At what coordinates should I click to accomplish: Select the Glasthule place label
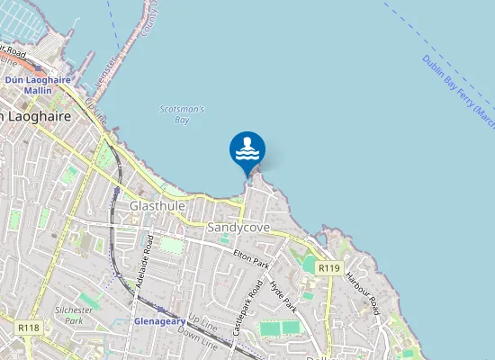coord(157,206)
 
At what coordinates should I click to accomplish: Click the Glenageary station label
coord(159,320)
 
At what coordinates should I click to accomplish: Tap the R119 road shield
coord(328,268)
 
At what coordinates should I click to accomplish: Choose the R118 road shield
coord(28,328)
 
